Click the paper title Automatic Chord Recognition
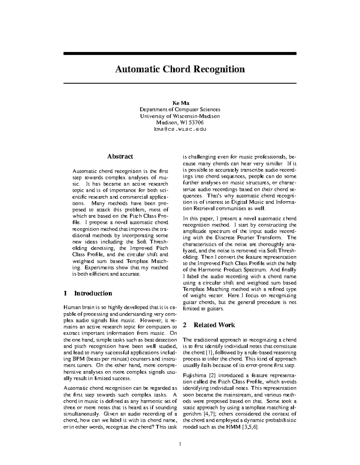coord(180,69)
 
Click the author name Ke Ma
coord(180,103)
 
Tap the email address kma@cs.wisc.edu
coord(180,129)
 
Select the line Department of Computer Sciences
coord(180,110)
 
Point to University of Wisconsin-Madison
coord(180,116)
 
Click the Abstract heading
coord(120,156)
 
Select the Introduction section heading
coord(93,293)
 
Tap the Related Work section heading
coord(214,325)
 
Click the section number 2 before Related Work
coord(185,325)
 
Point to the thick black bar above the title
coord(180,53)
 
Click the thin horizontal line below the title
coord(180,83)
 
